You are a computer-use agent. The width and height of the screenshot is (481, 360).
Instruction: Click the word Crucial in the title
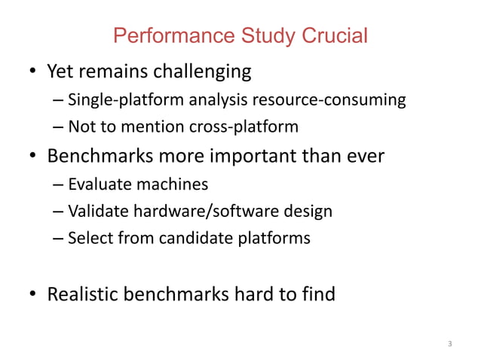[x=335, y=35]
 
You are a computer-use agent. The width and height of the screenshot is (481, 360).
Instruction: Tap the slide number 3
[x=449, y=344]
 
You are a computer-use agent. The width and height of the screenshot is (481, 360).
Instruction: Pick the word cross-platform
[x=249, y=127]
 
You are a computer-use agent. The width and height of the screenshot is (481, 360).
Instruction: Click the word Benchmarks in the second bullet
[x=103, y=157]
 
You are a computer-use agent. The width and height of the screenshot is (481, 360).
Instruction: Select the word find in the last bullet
[x=317, y=293]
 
